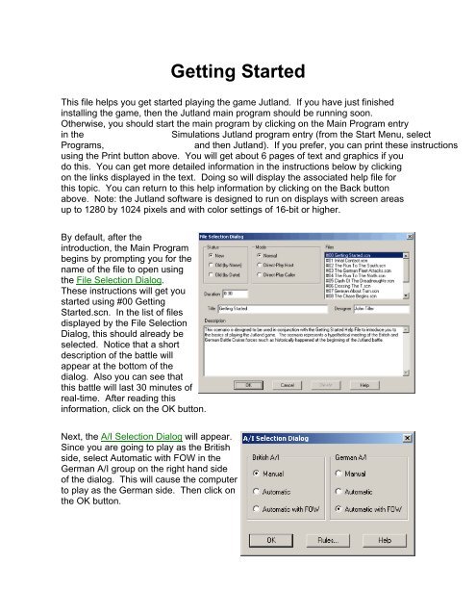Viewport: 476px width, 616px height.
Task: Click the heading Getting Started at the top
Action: click(x=238, y=72)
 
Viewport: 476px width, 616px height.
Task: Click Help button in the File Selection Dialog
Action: click(x=364, y=384)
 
